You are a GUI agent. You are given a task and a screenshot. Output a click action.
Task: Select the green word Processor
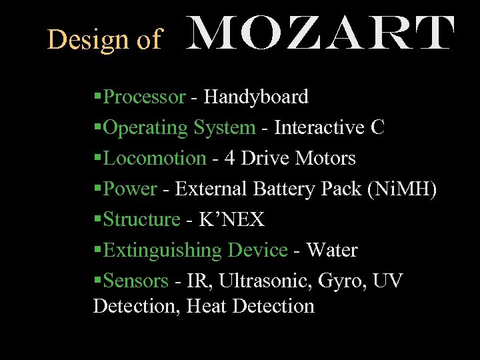(145, 97)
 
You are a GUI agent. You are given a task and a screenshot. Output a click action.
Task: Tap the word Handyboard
(256, 97)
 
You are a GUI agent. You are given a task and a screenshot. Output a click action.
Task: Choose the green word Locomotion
(155, 159)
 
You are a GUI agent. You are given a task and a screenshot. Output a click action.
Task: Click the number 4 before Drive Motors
(229, 159)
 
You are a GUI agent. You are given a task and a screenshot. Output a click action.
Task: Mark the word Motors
(325, 159)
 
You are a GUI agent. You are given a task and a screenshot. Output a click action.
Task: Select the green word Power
(131, 189)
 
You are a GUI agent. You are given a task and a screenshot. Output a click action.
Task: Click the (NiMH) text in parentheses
(402, 189)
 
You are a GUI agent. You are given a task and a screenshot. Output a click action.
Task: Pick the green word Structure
(142, 220)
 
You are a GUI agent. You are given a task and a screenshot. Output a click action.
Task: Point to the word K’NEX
(232, 220)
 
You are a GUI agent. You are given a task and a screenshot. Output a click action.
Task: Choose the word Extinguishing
(163, 251)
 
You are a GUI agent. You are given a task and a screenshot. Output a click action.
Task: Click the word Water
(331, 251)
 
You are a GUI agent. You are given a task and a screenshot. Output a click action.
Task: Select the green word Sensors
(136, 281)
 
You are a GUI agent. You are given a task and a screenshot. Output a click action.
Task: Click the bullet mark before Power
(98, 189)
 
